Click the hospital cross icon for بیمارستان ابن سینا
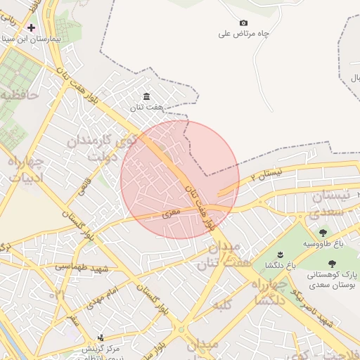point(31,27)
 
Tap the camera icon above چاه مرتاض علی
point(243,22)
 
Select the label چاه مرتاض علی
point(244,33)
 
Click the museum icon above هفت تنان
point(146,96)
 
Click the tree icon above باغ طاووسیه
point(323,233)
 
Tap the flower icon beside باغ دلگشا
point(280,254)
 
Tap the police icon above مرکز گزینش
point(101,338)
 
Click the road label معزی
point(172,211)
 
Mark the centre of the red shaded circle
point(180,179)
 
